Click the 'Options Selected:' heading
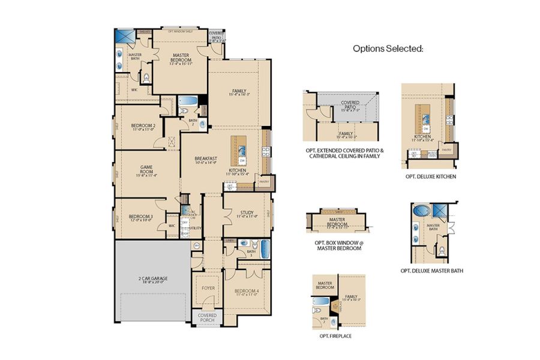[388, 49]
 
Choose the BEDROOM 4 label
[245, 293]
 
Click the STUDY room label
[247, 214]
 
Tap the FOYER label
[208, 288]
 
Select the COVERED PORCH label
[208, 317]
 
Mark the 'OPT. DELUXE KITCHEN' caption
[430, 177]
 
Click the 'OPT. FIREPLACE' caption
[336, 336]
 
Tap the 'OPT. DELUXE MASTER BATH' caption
[431, 271]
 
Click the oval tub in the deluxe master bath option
[419, 211]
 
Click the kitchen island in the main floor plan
[242, 149]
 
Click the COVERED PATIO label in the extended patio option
[350, 105]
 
